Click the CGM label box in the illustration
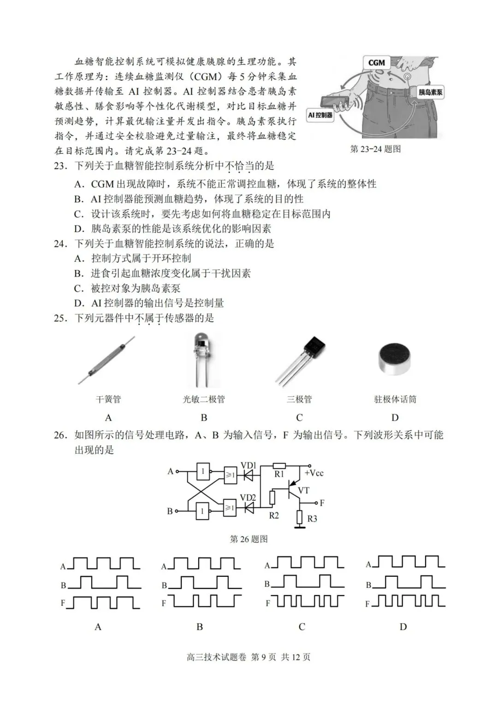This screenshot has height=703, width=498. point(376,63)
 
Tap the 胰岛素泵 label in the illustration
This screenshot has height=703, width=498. point(430,92)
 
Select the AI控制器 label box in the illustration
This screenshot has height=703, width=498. point(320,115)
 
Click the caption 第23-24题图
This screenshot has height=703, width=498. point(375,149)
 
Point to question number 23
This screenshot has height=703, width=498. point(60,166)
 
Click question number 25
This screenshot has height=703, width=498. point(60,318)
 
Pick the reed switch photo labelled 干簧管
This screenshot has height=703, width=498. point(107,360)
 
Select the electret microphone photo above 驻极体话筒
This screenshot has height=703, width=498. point(395,359)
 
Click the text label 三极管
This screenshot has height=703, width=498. point(299,399)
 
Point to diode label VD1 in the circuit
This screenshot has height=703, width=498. point(248,466)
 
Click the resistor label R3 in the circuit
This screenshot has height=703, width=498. point(312,519)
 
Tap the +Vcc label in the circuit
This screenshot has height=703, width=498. point(314,473)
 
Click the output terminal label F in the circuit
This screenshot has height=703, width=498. point(322,503)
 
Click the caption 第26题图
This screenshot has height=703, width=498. point(249,539)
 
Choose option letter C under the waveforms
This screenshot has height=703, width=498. point(302,627)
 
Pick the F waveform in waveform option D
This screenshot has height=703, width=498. point(409,601)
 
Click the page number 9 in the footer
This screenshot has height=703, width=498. point(264,657)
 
